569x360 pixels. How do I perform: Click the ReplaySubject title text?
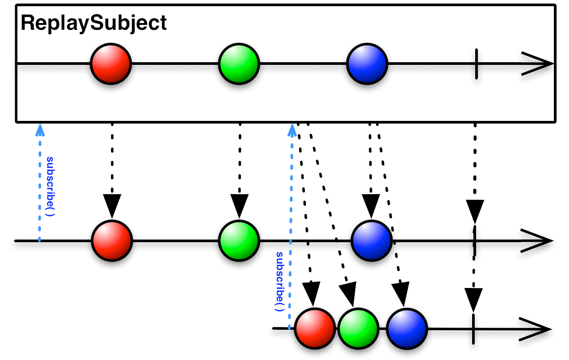click(x=94, y=23)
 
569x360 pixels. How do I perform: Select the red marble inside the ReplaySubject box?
click(x=111, y=64)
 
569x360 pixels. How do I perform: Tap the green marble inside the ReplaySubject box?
click(x=239, y=64)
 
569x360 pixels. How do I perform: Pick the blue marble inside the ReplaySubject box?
click(x=367, y=64)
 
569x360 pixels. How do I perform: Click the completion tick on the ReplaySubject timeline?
click(x=476, y=64)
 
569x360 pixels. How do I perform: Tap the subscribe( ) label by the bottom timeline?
click(x=279, y=281)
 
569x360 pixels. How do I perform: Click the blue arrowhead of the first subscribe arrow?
click(x=40, y=128)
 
